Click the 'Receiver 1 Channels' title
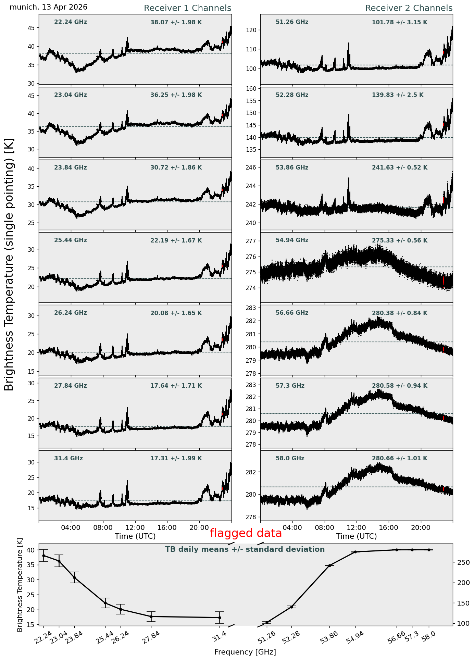187,8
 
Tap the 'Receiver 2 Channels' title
409,8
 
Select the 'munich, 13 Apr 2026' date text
49,7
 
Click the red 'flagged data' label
246,533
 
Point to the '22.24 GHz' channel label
71,22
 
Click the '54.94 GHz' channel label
292,240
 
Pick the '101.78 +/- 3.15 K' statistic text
400,23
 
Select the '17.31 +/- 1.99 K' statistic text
176,458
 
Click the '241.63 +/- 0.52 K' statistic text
400,168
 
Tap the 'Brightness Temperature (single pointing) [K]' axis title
9,264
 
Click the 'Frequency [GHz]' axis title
245,652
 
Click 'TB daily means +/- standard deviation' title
245,550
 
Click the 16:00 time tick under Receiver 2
388,527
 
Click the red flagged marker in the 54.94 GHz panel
444,281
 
